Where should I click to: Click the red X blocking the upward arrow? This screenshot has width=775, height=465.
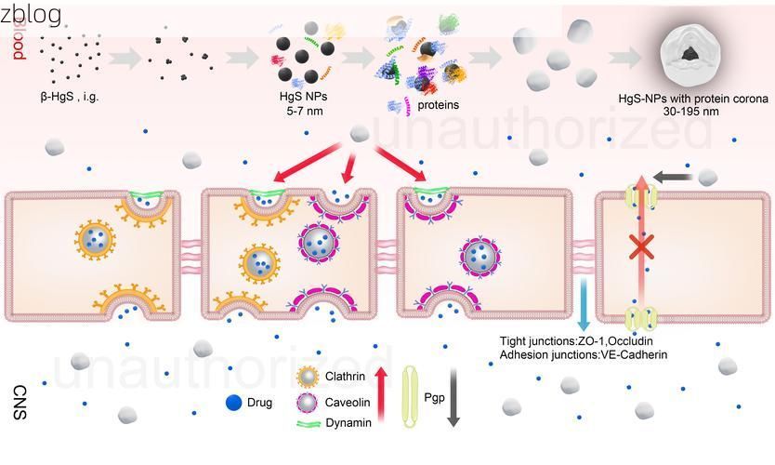[x=640, y=247]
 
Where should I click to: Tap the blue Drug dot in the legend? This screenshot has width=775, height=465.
[x=234, y=404]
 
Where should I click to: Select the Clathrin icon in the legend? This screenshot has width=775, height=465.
[x=308, y=378]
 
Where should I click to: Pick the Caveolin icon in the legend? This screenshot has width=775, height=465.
[x=308, y=403]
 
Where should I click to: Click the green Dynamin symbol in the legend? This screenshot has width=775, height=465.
[x=309, y=424]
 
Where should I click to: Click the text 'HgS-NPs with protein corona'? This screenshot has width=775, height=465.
[x=693, y=100]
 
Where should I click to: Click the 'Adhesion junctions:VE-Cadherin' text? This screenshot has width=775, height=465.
[x=583, y=354]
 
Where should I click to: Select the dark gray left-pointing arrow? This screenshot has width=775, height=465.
[x=674, y=177]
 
